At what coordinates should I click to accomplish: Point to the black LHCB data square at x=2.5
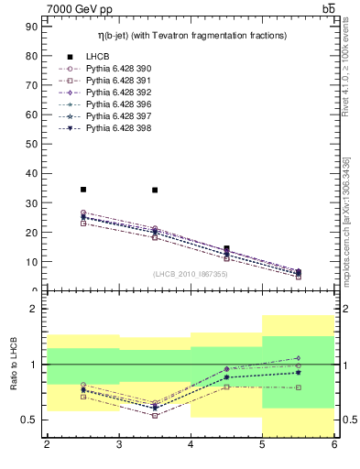83,190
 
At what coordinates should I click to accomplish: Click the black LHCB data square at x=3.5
155,190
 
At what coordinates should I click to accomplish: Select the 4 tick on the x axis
191,445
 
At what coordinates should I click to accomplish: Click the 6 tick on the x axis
333,445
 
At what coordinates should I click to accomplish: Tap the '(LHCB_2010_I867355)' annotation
190,274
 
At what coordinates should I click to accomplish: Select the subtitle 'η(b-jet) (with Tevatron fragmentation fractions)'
192,35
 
